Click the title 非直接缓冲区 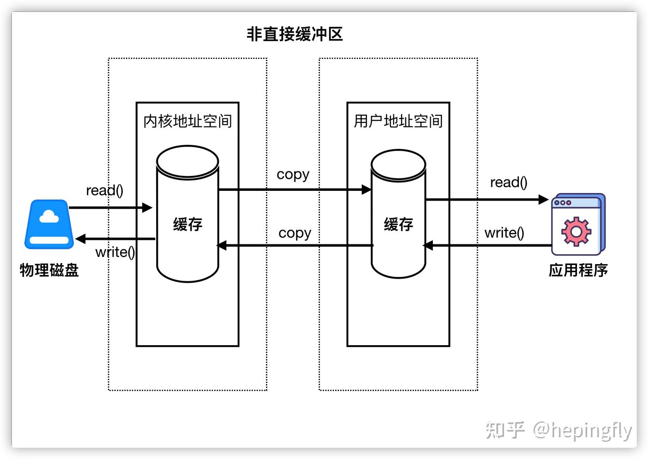295,34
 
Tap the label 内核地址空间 187,121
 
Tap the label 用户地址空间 398,121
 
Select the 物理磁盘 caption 49,270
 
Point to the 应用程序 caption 578,270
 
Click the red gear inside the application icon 576,231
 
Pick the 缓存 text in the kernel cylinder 187,224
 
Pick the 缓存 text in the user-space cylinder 398,224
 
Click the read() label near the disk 104,190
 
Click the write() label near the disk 115,252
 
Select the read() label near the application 508,182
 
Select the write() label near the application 504,233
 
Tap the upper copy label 293,175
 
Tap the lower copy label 295,233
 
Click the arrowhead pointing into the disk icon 81,239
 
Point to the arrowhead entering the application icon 544,199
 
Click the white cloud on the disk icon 49,217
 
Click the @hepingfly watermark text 582,430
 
